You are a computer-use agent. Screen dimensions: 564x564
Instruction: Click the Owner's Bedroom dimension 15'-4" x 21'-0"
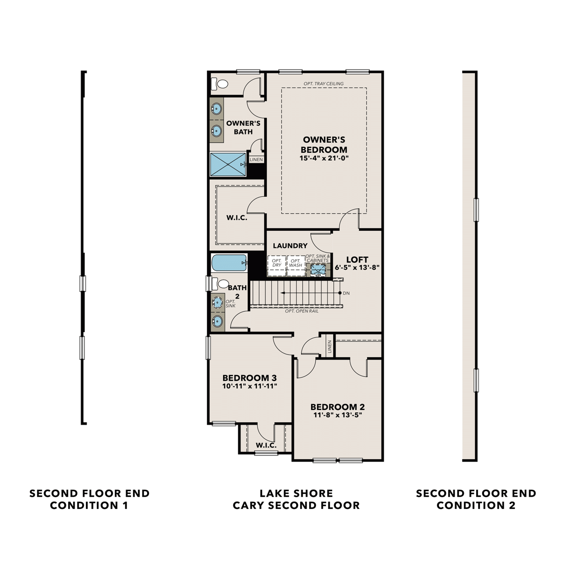(324, 158)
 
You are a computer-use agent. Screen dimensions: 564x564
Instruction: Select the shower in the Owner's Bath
(228, 164)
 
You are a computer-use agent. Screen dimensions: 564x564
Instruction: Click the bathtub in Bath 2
(229, 263)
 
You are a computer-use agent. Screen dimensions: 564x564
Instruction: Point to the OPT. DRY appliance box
(277, 266)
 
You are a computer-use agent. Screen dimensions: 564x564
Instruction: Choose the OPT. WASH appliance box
(296, 266)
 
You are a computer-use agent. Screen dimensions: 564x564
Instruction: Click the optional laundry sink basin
(318, 269)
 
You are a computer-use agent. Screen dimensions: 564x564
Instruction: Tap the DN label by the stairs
(346, 293)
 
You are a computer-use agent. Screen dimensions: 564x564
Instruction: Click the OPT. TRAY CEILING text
(323, 84)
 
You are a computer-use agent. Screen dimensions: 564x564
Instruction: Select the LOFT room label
(357, 259)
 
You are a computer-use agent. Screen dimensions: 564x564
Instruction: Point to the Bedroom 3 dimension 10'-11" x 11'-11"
(250, 386)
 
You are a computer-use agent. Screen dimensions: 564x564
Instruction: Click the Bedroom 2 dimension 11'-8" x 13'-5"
(338, 415)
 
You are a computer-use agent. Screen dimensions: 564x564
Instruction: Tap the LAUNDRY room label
(290, 246)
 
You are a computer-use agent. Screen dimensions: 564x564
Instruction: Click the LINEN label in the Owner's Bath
(256, 159)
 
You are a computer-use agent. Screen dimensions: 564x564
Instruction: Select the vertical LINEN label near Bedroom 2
(329, 347)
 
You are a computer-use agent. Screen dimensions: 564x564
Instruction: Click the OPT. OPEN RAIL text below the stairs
(302, 311)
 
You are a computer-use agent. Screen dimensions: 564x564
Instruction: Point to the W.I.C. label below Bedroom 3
(266, 445)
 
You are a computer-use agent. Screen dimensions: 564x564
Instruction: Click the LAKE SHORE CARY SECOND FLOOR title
(296, 499)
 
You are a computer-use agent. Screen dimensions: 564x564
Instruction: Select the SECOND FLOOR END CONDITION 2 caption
(476, 499)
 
